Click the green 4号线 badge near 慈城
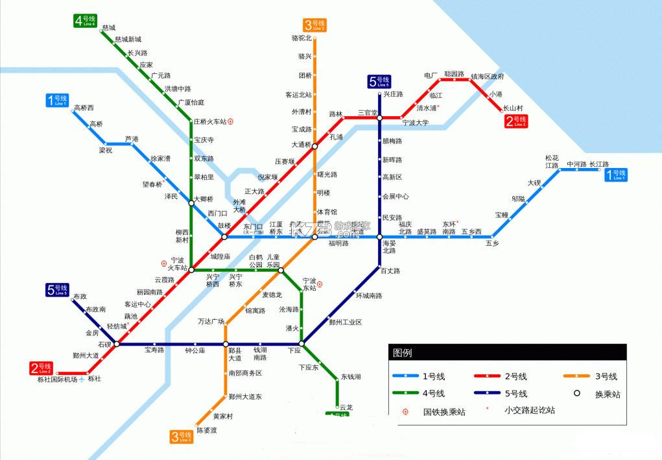tap(84, 20)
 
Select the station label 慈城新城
tap(128, 40)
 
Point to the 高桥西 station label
tap(84, 108)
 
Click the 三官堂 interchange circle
tap(380, 117)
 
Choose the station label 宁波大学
tap(416, 123)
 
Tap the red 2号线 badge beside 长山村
tap(516, 121)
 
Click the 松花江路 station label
tap(552, 162)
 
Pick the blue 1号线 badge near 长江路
tap(616, 174)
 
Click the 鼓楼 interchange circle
tap(224, 237)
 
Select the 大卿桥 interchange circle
tap(191, 204)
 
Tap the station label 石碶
tap(104, 345)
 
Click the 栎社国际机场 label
tap(57, 380)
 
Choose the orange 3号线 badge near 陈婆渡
tap(182, 437)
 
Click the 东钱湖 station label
tap(351, 377)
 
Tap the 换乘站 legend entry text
tap(607, 394)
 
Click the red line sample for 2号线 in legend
tap(490, 376)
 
